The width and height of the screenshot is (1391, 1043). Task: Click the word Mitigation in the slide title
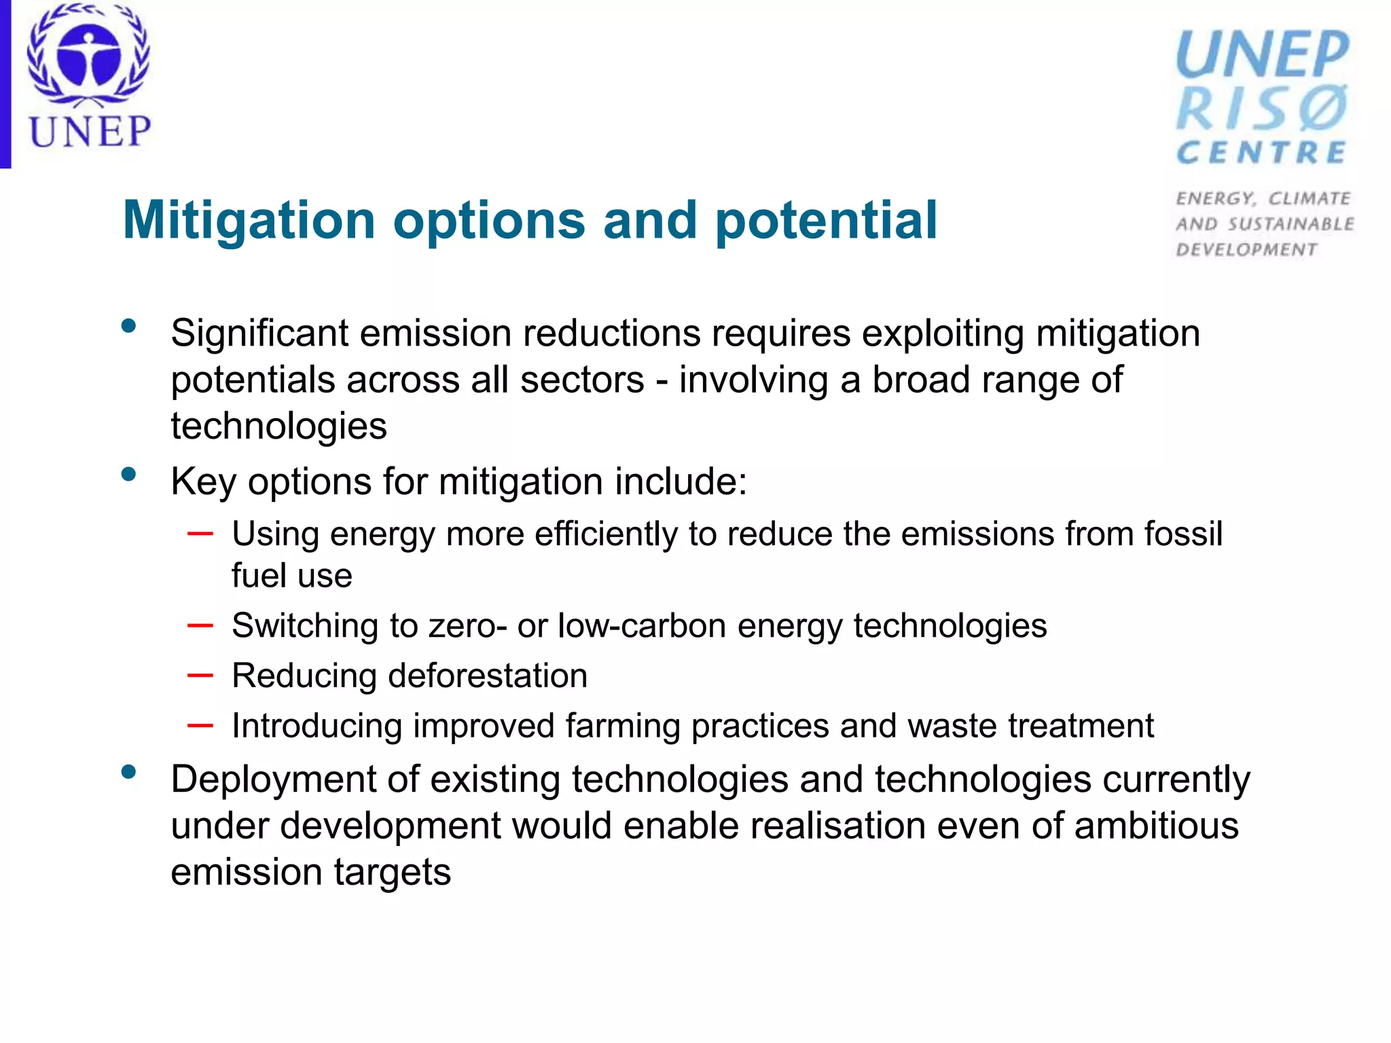(x=249, y=221)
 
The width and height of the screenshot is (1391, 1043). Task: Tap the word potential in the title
(x=826, y=221)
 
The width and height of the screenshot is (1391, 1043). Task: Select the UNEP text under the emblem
(x=90, y=132)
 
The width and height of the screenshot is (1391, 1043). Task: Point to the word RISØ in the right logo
(x=1262, y=109)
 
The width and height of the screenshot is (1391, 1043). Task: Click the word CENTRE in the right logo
(x=1261, y=153)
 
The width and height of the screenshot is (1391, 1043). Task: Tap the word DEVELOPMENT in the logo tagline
(x=1246, y=250)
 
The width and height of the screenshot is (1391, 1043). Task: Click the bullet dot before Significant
(x=128, y=327)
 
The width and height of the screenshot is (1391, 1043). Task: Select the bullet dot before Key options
(x=128, y=475)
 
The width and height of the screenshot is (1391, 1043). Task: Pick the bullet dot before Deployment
(x=128, y=772)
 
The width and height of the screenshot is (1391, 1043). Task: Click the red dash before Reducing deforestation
(x=200, y=675)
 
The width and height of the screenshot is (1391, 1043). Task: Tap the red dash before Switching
(x=200, y=625)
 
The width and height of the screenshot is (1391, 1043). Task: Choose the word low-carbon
(x=642, y=625)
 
